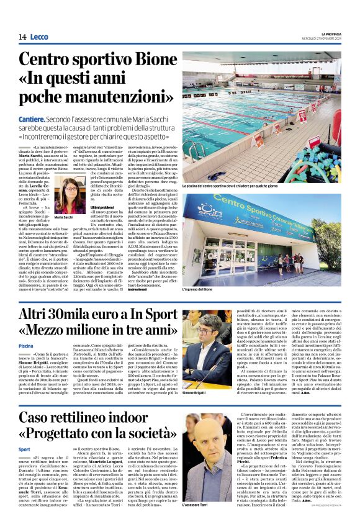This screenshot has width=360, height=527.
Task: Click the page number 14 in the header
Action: click(x=22, y=37)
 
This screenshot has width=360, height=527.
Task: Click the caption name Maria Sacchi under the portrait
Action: click(x=64, y=218)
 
